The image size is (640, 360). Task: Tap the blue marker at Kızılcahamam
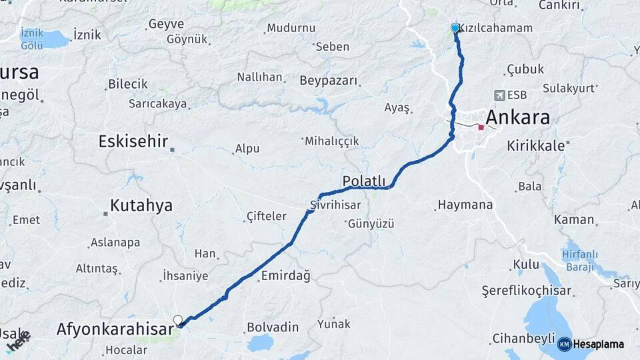pyautogui.click(x=455, y=28)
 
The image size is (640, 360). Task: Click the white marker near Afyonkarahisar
pyautogui.click(x=178, y=321)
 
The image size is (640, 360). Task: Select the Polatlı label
pyautogui.click(x=364, y=181)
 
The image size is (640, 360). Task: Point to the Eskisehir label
pyautogui.click(x=133, y=141)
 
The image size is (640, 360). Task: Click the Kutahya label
pyautogui.click(x=141, y=205)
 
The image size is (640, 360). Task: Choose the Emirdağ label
pyautogui.click(x=286, y=276)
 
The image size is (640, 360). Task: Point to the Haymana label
pyautogui.click(x=465, y=205)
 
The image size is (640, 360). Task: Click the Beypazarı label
pyautogui.click(x=329, y=81)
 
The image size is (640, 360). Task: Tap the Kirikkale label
pyautogui.click(x=535, y=145)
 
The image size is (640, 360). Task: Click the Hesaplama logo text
pyautogui.click(x=598, y=344)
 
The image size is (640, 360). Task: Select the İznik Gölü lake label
pyautogui.click(x=32, y=39)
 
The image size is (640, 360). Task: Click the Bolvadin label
pyautogui.click(x=272, y=328)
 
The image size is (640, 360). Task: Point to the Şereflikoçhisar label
pyautogui.click(x=527, y=291)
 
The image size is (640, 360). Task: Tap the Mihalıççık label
pyautogui.click(x=332, y=141)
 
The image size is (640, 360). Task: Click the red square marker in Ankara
pyautogui.click(x=481, y=127)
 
